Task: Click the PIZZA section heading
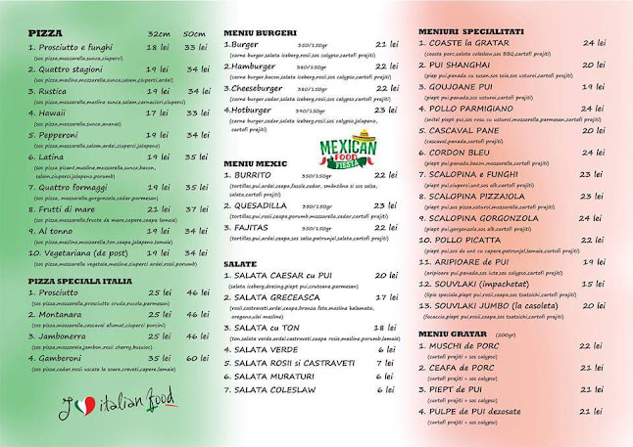pyautogui.click(x=45, y=32)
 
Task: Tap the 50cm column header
pyautogui.click(x=194, y=33)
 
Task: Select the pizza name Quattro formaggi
pyautogui.click(x=74, y=186)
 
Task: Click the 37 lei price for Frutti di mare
pyautogui.click(x=196, y=208)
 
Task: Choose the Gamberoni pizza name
pyautogui.click(x=66, y=359)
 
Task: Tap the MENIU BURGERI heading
pyautogui.click(x=260, y=32)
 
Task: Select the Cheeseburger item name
pyautogui.click(x=260, y=87)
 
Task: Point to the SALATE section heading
pyautogui.click(x=240, y=263)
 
